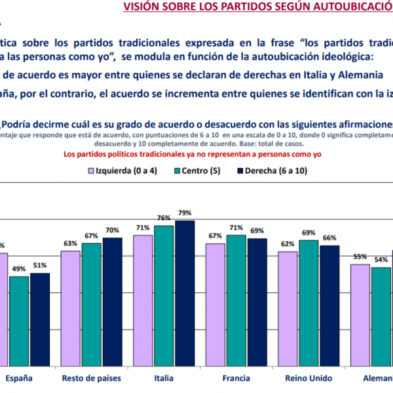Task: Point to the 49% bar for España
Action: (18, 321)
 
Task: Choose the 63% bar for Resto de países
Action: (70, 308)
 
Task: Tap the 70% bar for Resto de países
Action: (112, 301)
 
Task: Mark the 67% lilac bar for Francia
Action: (215, 304)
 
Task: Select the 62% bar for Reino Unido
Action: (288, 309)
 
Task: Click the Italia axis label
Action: (164, 379)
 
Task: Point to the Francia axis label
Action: (236, 379)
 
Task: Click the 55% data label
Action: (360, 257)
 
